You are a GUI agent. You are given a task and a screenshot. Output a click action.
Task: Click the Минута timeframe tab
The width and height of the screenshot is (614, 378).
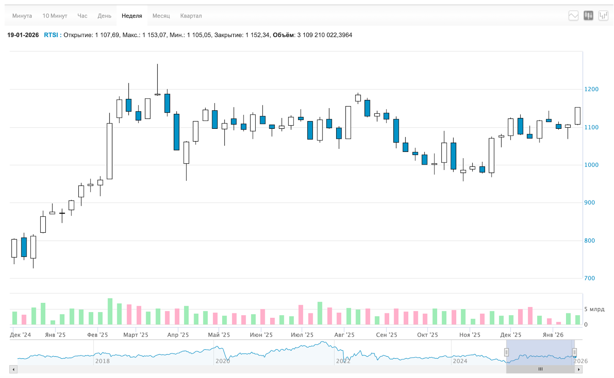(x=22, y=16)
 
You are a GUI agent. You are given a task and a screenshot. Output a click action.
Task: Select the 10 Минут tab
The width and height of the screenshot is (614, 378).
(x=54, y=16)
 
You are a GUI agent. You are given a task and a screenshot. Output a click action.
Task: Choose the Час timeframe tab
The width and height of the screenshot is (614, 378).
(x=82, y=16)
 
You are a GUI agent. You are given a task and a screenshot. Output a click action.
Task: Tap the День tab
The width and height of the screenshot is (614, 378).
(x=104, y=16)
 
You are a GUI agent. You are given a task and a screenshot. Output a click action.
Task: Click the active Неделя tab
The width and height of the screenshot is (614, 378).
(x=132, y=16)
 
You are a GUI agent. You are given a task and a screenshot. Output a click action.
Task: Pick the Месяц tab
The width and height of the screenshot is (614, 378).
(x=161, y=16)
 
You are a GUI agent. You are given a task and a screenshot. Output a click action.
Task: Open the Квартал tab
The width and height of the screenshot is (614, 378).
(x=191, y=16)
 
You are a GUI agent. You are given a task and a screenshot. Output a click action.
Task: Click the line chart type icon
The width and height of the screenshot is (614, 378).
(x=573, y=16)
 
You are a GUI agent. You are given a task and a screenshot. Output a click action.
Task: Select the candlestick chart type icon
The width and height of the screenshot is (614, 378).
(x=588, y=16)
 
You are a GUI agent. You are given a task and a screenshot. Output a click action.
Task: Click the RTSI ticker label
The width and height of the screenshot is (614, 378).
(x=51, y=35)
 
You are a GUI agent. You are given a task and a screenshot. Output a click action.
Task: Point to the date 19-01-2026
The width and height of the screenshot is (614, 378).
(x=23, y=35)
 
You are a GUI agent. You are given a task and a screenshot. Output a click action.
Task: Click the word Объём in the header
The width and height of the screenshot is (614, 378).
(x=283, y=35)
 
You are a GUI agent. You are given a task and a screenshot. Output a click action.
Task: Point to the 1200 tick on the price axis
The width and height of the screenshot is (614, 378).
(x=591, y=89)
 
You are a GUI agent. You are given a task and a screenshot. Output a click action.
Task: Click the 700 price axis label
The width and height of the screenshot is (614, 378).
(x=589, y=278)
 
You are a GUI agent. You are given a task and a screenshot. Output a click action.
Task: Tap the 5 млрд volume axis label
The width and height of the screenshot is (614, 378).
(x=594, y=309)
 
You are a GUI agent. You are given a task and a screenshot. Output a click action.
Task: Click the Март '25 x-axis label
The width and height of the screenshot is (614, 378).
(x=135, y=335)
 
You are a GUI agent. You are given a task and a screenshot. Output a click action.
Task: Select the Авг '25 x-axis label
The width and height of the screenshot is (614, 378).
(x=344, y=335)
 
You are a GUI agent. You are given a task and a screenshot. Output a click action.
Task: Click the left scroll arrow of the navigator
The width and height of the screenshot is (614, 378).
(x=13, y=370)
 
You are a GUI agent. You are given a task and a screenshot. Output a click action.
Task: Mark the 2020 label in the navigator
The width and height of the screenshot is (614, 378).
(x=223, y=361)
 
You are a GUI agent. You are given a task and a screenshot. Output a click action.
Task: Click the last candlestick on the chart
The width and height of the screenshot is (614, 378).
(x=578, y=116)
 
